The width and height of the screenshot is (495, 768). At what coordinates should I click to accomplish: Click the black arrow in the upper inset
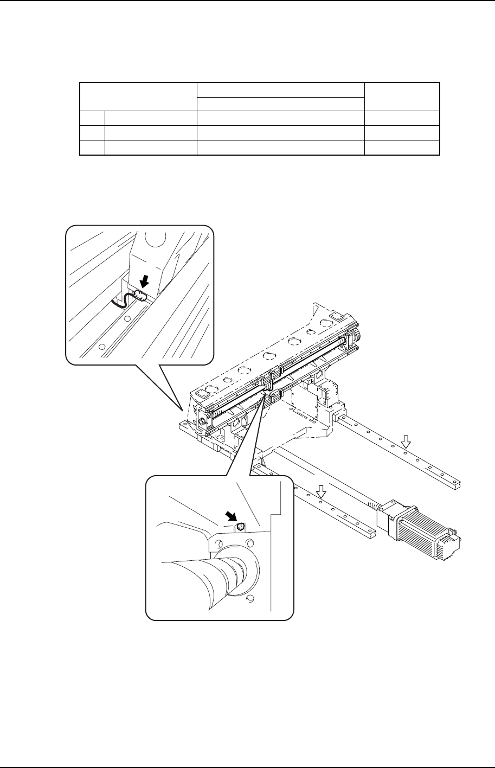coord(144,281)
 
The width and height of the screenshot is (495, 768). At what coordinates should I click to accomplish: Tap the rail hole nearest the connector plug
coord(127,319)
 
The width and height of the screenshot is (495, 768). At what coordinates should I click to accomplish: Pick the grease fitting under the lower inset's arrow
coord(240,526)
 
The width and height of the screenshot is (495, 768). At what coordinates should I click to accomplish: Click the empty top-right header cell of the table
coord(401,97)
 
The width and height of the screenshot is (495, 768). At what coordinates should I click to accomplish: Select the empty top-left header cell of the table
coord(138,97)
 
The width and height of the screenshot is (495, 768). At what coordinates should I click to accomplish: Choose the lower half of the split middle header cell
coord(279,104)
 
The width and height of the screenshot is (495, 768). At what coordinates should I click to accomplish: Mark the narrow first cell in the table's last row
coord(92,148)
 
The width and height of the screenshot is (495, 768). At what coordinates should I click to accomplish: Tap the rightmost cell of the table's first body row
coord(401,118)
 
